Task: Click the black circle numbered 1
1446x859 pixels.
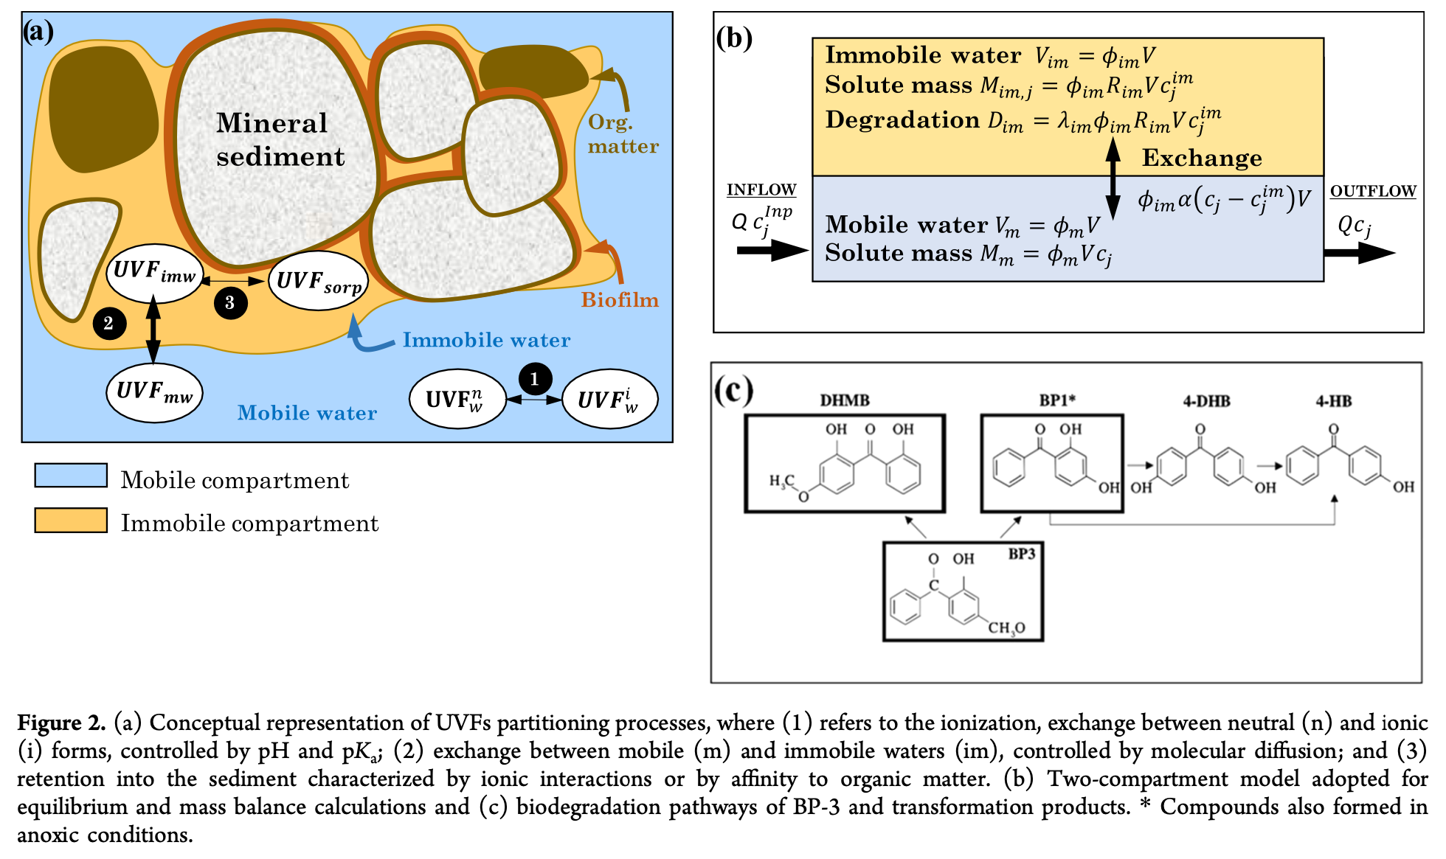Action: click(535, 379)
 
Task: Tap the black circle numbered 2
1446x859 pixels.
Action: click(109, 323)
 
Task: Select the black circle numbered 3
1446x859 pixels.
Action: click(230, 302)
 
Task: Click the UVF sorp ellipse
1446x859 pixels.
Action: click(319, 281)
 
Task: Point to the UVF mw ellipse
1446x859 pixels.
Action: click(154, 392)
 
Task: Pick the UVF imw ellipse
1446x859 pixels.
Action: click(154, 273)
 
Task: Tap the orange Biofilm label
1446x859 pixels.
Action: click(619, 300)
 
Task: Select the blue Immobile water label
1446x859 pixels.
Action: click(486, 340)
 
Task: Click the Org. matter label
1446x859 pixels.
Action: click(622, 134)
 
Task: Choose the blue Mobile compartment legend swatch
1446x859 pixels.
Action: click(71, 476)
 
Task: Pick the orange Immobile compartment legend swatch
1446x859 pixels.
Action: click(71, 520)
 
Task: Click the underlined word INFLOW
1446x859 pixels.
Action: click(761, 190)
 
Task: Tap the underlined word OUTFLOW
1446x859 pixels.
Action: click(1372, 192)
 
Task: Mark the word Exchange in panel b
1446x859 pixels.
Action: click(1202, 158)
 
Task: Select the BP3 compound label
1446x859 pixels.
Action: click(1022, 554)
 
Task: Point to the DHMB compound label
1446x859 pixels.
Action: click(845, 400)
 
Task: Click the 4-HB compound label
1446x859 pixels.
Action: click(1333, 401)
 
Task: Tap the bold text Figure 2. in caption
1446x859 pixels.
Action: click(62, 723)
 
